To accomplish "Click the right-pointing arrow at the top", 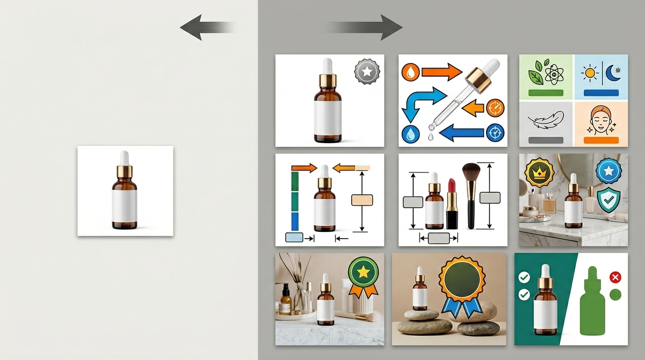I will tap(375, 27).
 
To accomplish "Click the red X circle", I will tap(615, 277).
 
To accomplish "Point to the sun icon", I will tap(589, 74).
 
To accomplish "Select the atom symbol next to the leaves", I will tap(555, 74).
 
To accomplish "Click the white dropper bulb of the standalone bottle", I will tap(124, 157).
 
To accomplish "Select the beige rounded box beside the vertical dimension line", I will tap(362, 200).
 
